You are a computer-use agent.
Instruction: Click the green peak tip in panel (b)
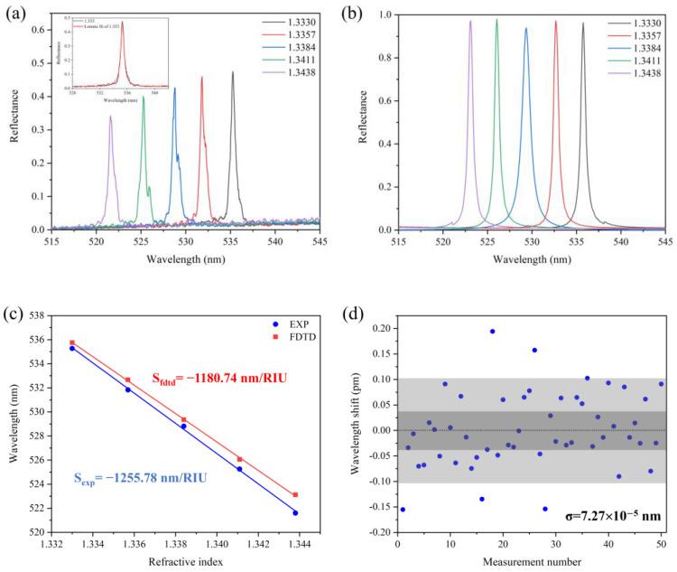pyautogui.click(x=496, y=20)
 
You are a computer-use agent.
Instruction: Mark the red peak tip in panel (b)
pyautogui.click(x=556, y=22)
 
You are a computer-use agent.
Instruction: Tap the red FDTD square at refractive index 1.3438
pyautogui.click(x=295, y=494)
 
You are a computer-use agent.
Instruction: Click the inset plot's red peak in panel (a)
pyautogui.click(x=123, y=23)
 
